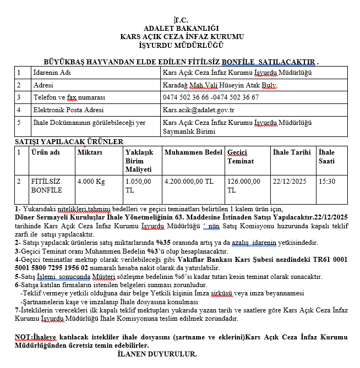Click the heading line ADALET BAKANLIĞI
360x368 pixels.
[x=181, y=28]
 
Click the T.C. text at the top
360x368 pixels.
[x=181, y=20]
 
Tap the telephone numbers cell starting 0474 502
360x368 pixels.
[x=211, y=97]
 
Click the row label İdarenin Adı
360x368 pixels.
[x=53, y=73]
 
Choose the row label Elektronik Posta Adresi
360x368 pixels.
[x=68, y=109]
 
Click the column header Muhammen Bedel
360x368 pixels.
[x=193, y=152]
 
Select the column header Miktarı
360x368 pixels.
[x=90, y=152]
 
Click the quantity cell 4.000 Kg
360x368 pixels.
[x=91, y=181]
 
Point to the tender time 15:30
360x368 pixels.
[x=327, y=181]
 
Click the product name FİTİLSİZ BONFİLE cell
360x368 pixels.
[x=47, y=185]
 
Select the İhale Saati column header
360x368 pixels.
[x=327, y=156]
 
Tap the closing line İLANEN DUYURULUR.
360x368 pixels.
[x=157, y=353]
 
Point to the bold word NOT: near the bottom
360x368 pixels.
[x=24, y=336]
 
